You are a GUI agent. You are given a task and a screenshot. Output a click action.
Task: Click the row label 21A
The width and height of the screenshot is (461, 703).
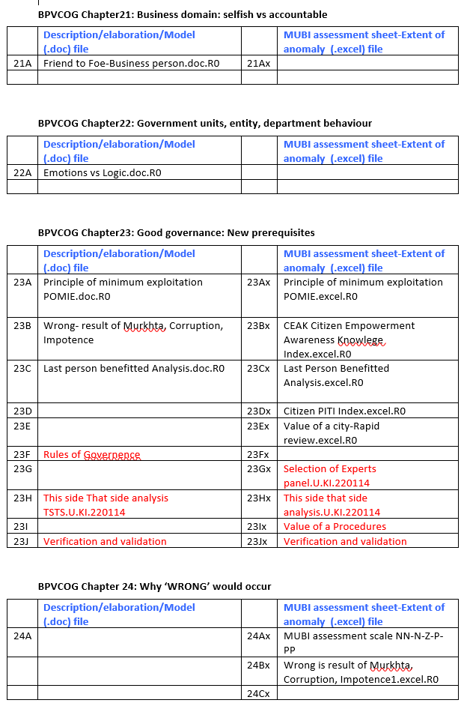[x=22, y=64]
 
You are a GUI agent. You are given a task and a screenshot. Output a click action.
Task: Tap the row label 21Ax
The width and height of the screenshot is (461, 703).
[x=258, y=64]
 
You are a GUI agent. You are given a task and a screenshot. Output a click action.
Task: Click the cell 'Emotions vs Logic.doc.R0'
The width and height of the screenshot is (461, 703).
[x=103, y=173]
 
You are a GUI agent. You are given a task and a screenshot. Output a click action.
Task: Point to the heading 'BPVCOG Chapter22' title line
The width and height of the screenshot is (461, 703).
[x=204, y=124]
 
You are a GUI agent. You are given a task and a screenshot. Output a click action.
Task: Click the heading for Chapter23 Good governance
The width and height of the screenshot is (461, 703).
[x=176, y=233]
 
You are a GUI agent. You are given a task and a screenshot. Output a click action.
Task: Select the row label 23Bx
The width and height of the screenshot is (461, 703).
[x=258, y=326]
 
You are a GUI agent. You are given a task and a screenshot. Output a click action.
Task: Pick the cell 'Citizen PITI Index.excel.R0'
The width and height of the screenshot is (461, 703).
[x=344, y=411]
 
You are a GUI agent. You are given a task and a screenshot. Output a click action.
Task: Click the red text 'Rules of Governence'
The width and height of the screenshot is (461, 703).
[x=91, y=455]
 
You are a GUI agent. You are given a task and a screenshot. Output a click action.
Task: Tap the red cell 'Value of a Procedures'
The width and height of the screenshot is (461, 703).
[x=335, y=527]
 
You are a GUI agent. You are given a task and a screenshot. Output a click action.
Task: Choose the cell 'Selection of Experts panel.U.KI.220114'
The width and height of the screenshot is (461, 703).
[x=329, y=476]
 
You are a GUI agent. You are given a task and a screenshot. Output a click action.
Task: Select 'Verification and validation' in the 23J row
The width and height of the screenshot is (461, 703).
[x=105, y=542]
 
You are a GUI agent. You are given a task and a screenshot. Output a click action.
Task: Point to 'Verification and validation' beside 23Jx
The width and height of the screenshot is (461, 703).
[x=345, y=542]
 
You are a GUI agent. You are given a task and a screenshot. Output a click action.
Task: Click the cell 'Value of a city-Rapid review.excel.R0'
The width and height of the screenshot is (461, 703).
[x=332, y=433]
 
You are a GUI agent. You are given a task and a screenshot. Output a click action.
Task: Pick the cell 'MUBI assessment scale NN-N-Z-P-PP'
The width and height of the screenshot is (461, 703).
[x=363, y=643]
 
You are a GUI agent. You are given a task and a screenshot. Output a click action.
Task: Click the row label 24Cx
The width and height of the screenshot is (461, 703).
[x=258, y=694]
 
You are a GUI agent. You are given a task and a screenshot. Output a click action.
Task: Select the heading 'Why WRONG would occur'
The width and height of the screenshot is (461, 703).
[x=154, y=587]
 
